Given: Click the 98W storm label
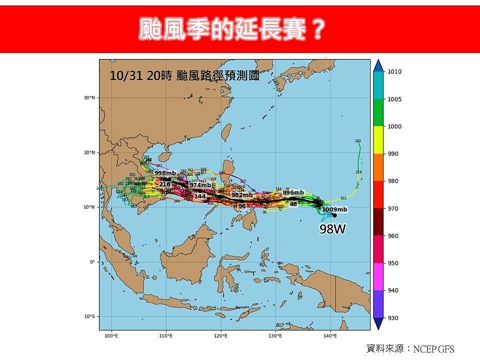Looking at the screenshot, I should pyautogui.click(x=333, y=229).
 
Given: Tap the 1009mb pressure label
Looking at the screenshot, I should pyautogui.click(x=334, y=209).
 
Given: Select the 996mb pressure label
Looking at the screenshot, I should pyautogui.click(x=293, y=192).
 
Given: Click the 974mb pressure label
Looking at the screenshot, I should pyautogui.click(x=200, y=185).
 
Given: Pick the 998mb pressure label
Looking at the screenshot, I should pyautogui.click(x=165, y=173).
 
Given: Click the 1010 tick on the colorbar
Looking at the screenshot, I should pyautogui.click(x=394, y=72).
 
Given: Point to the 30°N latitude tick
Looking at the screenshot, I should pyautogui.click(x=89, y=97).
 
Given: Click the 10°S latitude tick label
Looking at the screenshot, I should pyautogui.click(x=89, y=316).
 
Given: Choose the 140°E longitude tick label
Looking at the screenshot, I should pyautogui.click(x=330, y=335).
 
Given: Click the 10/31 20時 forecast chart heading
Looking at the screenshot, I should pyautogui.click(x=184, y=76).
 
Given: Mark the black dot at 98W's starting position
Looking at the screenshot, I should pyautogui.click(x=334, y=215).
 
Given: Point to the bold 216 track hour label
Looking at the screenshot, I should pyautogui.click(x=164, y=184).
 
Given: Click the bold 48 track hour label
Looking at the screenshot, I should pyautogui.click(x=293, y=204).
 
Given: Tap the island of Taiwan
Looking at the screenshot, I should pyautogui.click(x=226, y=132).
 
